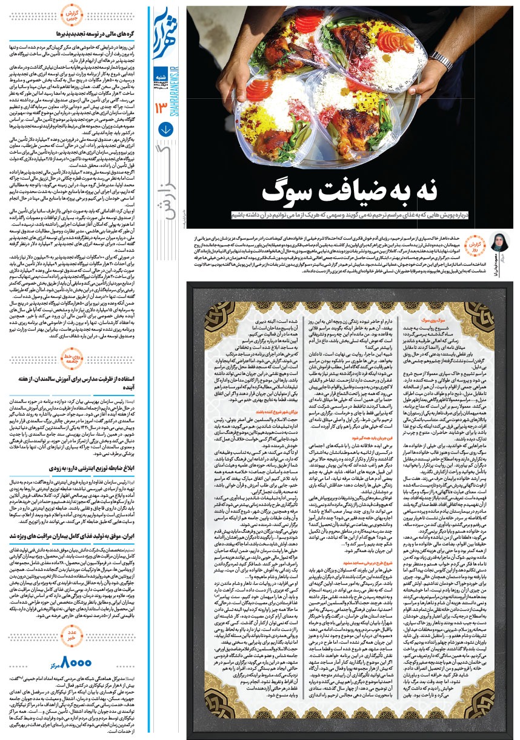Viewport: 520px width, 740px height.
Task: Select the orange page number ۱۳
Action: (x=162, y=108)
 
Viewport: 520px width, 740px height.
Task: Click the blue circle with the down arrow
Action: (x=164, y=130)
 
